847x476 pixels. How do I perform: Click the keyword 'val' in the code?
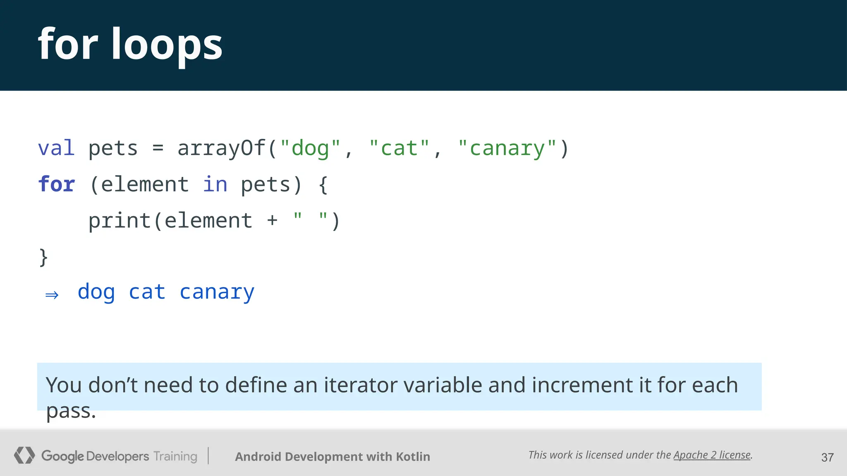56,148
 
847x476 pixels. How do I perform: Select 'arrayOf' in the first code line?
222,148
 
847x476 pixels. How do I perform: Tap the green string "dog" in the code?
310,148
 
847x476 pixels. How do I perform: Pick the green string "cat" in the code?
400,148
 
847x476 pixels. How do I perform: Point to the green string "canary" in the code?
507,148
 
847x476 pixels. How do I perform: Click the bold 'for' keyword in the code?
56,184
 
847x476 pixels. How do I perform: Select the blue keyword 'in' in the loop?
215,184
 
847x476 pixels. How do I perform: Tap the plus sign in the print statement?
272,221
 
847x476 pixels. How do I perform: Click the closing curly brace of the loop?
43,257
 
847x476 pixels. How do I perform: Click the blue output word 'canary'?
217,293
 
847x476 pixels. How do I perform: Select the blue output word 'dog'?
96,293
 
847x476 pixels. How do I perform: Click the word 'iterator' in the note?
360,385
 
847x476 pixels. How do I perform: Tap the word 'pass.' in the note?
71,411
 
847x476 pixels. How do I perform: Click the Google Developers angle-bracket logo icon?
24,455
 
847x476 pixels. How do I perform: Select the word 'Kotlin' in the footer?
413,457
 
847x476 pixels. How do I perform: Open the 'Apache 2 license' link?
712,455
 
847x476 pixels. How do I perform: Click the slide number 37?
827,457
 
